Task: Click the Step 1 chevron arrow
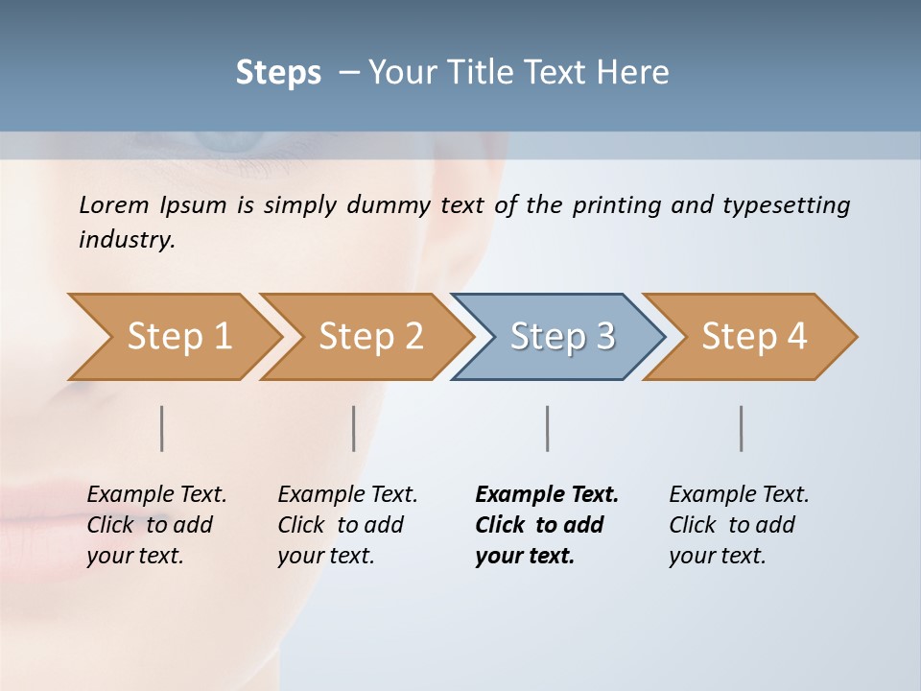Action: [173, 337]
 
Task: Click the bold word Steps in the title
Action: [278, 73]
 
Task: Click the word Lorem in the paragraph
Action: [114, 205]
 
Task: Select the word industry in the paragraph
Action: [126, 240]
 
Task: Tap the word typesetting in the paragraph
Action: [786, 205]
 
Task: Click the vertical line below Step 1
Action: [162, 428]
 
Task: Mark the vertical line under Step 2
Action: [354, 428]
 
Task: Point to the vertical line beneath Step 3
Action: [548, 428]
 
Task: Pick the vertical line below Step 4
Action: [742, 428]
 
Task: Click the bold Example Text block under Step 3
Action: [545, 525]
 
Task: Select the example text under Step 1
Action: [155, 525]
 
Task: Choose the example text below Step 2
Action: [346, 525]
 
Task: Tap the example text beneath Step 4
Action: [738, 525]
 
